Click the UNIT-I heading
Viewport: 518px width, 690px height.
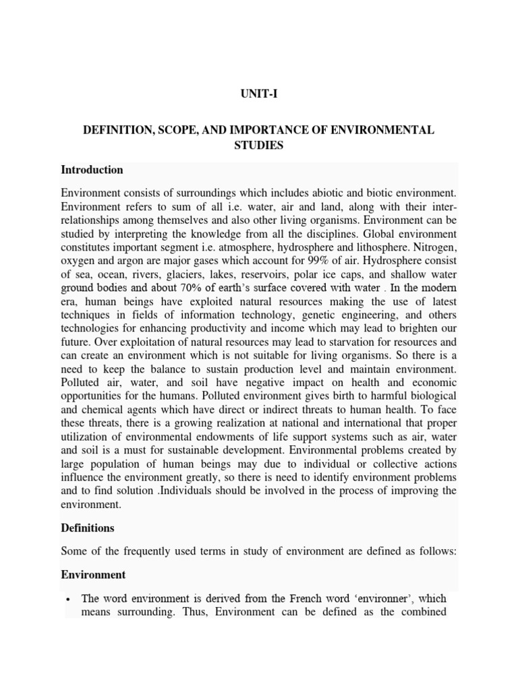point(258,95)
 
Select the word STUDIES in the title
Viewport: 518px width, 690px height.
point(258,145)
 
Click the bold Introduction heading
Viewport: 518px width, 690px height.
point(92,170)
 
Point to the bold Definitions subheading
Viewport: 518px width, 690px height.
point(88,528)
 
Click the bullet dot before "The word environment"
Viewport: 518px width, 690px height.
point(69,598)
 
